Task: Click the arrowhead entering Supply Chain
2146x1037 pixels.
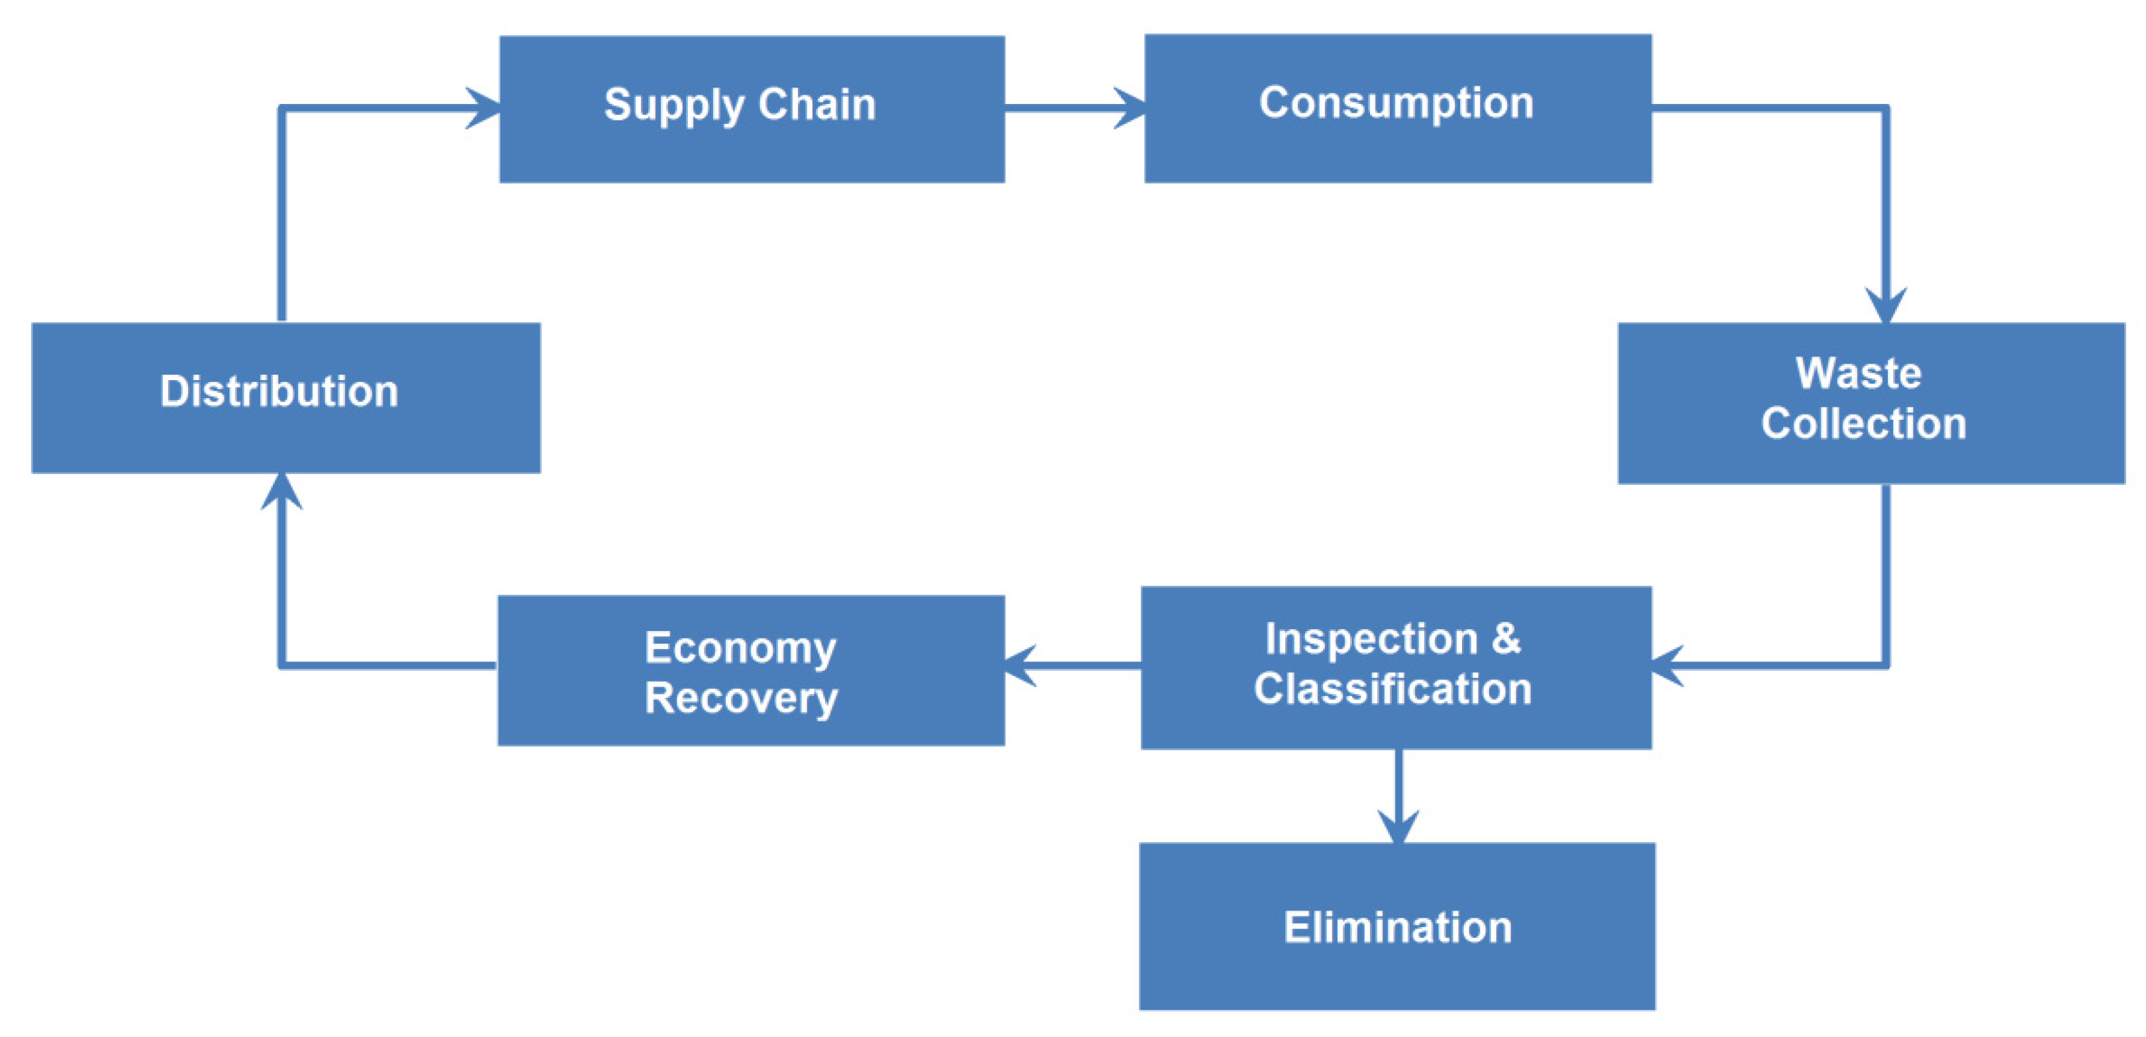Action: pyautogui.click(x=483, y=109)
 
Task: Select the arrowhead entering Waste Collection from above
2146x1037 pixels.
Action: pyautogui.click(x=1885, y=306)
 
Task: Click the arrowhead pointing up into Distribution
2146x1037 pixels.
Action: pyautogui.click(x=281, y=491)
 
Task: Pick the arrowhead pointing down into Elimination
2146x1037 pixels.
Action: pyautogui.click(x=1398, y=826)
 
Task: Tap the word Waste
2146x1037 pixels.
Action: pyautogui.click(x=1858, y=373)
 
